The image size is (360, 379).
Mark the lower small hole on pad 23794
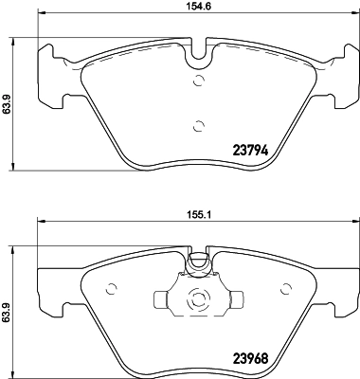pos(197,125)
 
